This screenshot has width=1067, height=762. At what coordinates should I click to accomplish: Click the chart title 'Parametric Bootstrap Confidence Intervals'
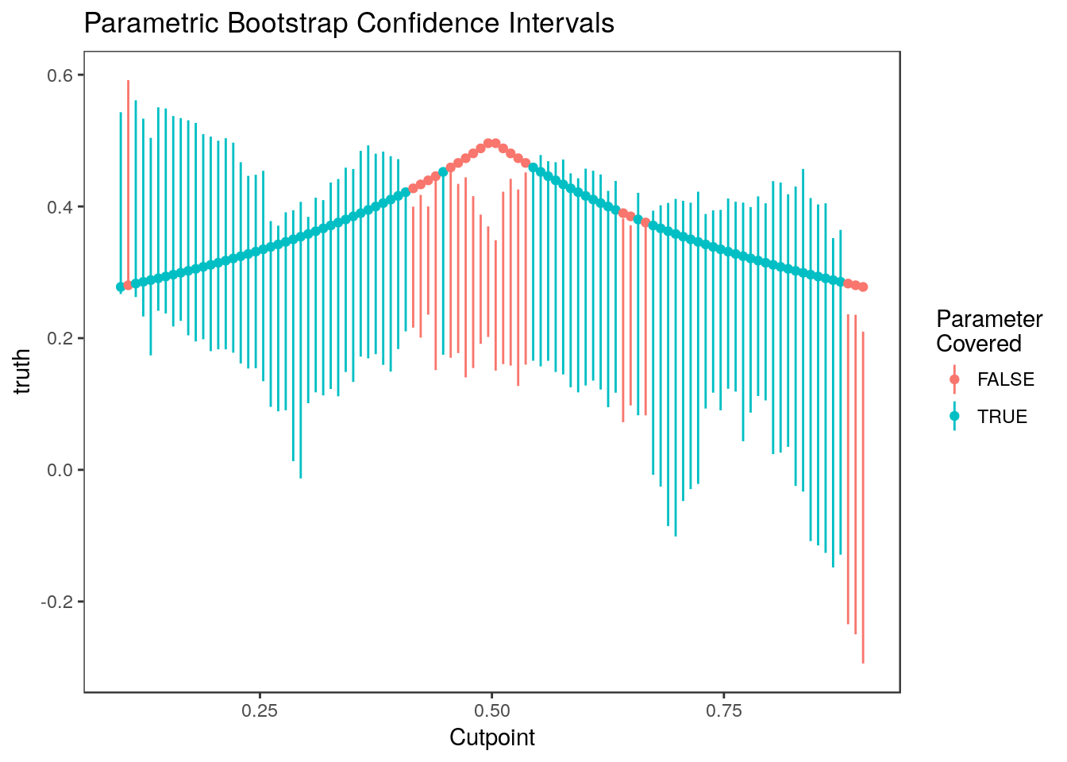click(x=349, y=24)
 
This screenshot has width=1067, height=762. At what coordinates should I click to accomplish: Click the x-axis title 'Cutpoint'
click(x=492, y=738)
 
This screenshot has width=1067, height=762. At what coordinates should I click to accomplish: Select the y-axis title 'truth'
click(x=23, y=371)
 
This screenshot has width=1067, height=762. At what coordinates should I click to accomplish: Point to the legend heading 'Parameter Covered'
click(x=988, y=331)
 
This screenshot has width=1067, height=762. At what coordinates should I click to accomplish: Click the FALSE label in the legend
click(x=1005, y=379)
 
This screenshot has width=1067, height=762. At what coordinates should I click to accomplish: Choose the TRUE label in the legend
click(x=1002, y=417)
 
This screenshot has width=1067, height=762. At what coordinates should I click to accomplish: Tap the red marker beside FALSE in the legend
click(x=954, y=379)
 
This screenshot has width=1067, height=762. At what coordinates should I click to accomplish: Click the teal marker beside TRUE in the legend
click(x=954, y=417)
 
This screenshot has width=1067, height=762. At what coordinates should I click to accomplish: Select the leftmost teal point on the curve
click(x=121, y=287)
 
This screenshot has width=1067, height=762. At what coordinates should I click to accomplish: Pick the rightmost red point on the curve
click(x=863, y=287)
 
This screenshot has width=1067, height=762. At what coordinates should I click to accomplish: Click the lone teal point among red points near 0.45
click(x=443, y=172)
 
